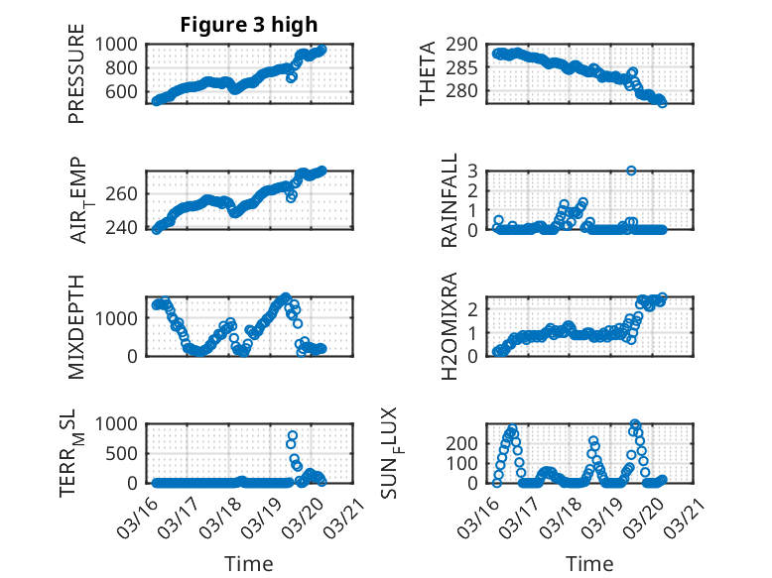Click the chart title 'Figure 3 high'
[x=248, y=25]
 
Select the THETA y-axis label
[x=428, y=73]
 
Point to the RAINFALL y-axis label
[x=450, y=200]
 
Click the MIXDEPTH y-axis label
[x=76, y=326]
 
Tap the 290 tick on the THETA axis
[x=474, y=45]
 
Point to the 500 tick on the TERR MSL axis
[x=128, y=453]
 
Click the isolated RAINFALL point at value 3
[x=631, y=171]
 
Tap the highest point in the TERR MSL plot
[x=292, y=435]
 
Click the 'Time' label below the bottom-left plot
[x=249, y=563]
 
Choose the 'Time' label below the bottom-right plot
[x=590, y=563]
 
